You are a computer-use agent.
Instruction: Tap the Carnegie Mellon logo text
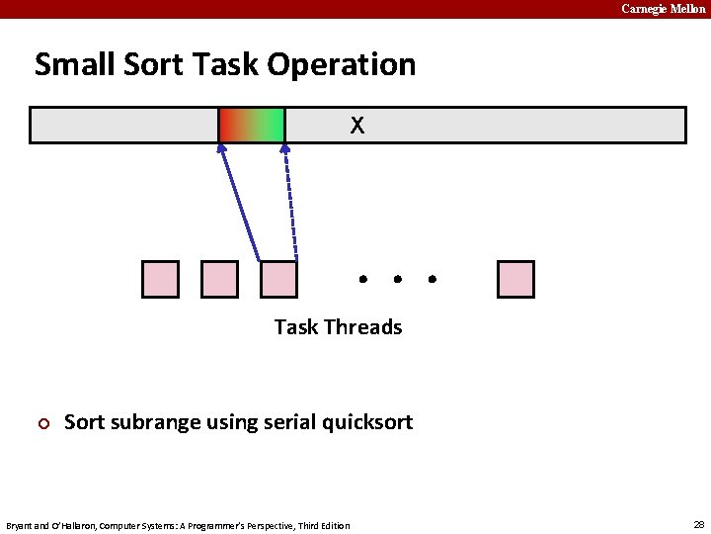[x=664, y=9]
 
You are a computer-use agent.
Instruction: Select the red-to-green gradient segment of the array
[x=252, y=126]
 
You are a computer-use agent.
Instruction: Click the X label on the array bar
[x=357, y=126]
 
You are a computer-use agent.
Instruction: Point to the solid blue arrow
[x=240, y=203]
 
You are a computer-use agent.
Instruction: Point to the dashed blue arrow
[x=290, y=203]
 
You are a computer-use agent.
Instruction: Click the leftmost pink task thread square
[x=161, y=279]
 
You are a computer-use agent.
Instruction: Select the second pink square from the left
[x=219, y=279]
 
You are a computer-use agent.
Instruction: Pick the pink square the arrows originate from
[x=278, y=279]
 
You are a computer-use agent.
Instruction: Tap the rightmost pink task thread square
[x=515, y=279]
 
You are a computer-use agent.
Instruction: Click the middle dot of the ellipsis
[x=397, y=279]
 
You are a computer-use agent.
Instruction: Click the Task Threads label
[x=338, y=327]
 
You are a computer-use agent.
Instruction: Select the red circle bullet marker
[x=42, y=424]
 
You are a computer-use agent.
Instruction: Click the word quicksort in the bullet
[x=364, y=423]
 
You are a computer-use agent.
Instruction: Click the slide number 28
[x=698, y=524]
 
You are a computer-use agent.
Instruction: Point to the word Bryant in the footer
[x=20, y=525]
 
